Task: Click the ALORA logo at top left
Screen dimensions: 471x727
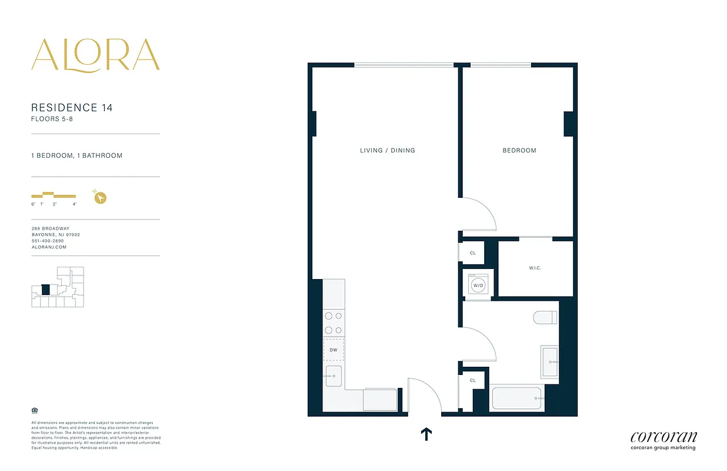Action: [95, 55]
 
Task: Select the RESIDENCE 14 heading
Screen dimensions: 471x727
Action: [72, 108]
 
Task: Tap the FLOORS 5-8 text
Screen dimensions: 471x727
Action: [52, 119]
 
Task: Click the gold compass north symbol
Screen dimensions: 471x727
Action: [101, 198]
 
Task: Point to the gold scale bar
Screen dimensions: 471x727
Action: [54, 195]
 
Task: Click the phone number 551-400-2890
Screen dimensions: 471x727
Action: [48, 241]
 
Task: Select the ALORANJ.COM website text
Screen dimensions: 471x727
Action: [49, 247]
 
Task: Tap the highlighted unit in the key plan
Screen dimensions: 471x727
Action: [45, 290]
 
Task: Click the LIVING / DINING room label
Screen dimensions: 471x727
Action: [388, 151]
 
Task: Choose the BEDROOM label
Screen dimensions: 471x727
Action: [519, 151]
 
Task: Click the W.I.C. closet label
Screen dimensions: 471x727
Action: [535, 268]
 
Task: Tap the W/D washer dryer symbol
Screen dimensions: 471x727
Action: [478, 286]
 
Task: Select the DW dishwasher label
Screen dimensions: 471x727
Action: [334, 350]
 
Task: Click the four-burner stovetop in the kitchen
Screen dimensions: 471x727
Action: [334, 324]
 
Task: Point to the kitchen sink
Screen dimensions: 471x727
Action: [334, 376]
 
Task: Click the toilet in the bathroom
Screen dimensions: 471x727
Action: [545, 318]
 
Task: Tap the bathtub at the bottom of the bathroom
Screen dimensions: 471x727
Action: [518, 399]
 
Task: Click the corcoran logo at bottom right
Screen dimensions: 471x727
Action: [663, 437]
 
